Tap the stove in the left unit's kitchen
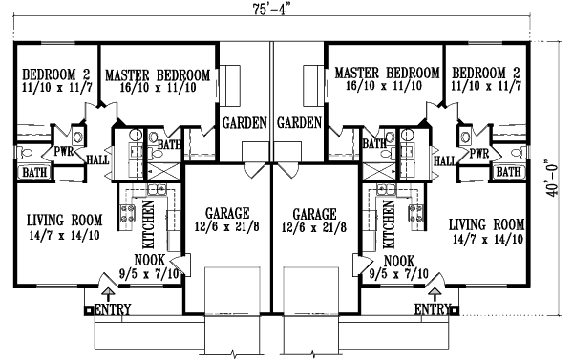(x=124, y=213)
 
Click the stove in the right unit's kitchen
(x=416, y=213)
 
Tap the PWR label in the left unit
(x=64, y=151)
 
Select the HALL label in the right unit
(x=444, y=161)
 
